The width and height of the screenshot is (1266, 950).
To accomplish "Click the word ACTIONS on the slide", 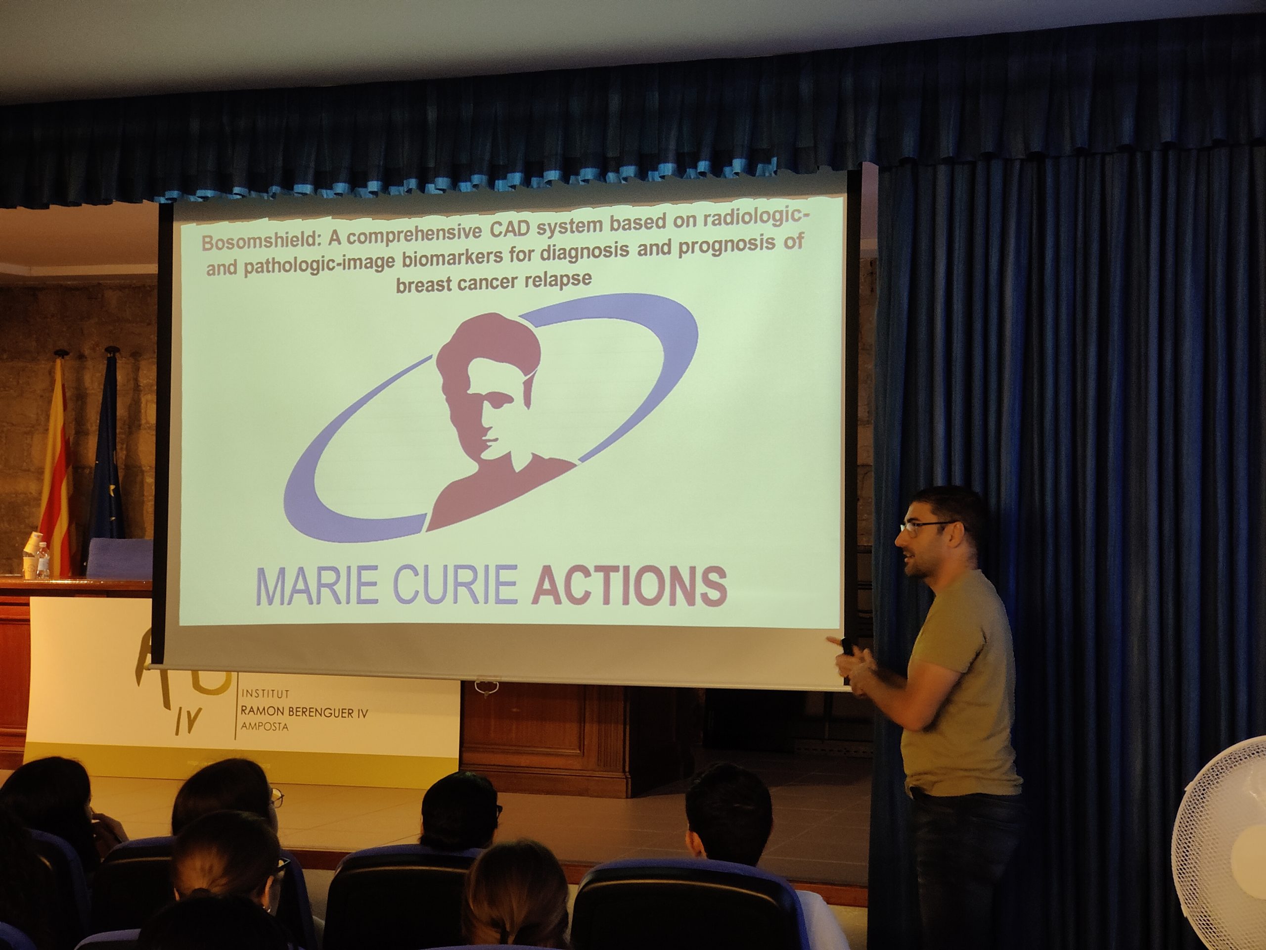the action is (629, 586).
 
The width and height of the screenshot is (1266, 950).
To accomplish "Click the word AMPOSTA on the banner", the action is (265, 727).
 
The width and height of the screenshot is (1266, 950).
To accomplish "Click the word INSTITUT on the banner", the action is (266, 694).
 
